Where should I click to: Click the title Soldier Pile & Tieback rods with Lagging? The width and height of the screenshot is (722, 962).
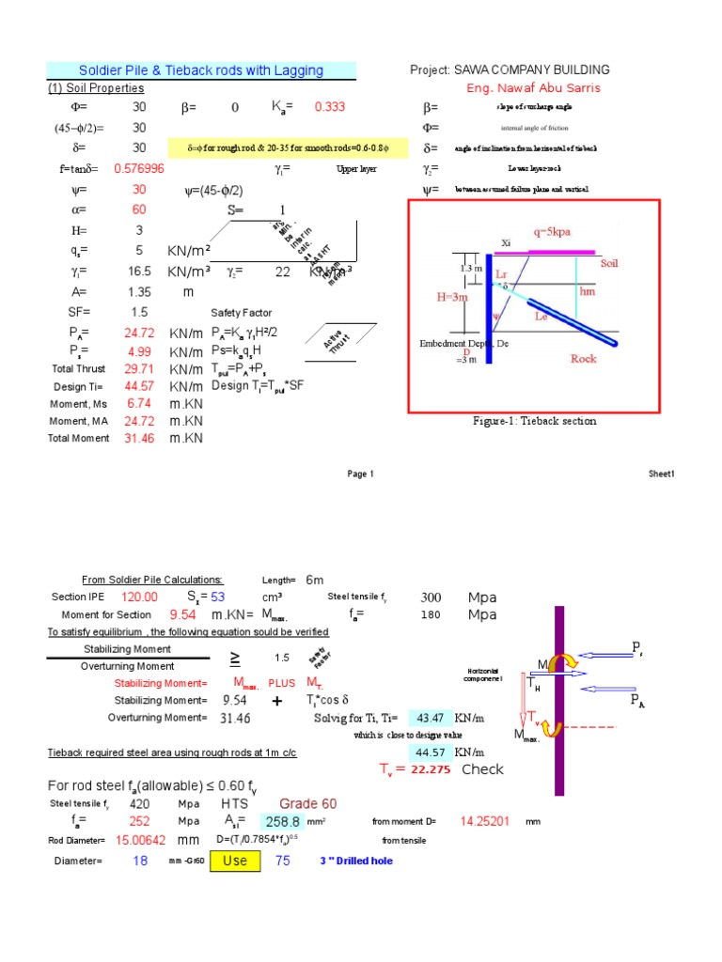tap(201, 70)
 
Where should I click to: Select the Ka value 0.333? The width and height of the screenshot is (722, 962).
tap(329, 107)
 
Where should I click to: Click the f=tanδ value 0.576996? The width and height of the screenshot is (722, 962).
tap(139, 169)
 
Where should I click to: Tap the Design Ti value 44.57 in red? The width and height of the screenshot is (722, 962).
tap(139, 386)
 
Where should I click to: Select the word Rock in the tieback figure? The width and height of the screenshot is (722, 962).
tap(584, 358)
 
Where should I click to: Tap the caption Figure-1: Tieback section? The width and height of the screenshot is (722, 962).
tap(534, 421)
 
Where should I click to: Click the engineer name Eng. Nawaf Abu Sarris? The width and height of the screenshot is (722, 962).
tap(533, 88)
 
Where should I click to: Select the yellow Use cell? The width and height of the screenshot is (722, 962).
tap(234, 861)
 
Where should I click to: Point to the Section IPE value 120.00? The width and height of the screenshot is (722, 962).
tap(139, 597)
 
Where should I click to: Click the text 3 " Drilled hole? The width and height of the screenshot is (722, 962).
tap(356, 861)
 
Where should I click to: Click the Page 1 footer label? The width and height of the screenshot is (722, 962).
tap(360, 474)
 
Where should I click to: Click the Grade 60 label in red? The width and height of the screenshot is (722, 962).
tap(305, 804)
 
